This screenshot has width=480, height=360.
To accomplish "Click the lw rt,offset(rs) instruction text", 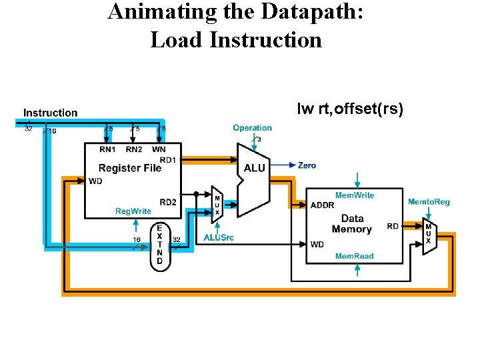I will pos(350,109).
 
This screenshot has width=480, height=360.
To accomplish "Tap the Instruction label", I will pos(50,113).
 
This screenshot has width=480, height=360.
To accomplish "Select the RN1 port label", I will pos(107,149).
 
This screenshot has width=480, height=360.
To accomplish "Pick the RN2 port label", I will pos(134,149).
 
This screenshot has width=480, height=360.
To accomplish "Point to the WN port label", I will pos(159,149).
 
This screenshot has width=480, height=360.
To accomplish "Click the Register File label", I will pos(130,168).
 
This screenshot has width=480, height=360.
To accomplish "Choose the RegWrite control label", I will pos(133,211).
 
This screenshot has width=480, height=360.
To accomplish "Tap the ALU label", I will pos(255,168).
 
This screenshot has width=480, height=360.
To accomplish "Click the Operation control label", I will pos(252,127).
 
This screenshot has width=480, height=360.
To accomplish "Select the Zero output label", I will pos(307,165).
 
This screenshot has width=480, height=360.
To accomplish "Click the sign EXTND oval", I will pos(159,245).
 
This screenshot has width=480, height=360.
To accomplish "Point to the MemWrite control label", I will pos(355,195).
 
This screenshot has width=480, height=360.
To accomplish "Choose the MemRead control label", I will pos(354,256).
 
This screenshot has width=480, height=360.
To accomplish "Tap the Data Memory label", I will pos(352,224).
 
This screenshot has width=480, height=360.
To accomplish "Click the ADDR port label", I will pos(323,205).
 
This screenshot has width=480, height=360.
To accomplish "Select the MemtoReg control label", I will pos(429,201).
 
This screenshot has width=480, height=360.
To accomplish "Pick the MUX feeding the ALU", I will pos(217,202).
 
